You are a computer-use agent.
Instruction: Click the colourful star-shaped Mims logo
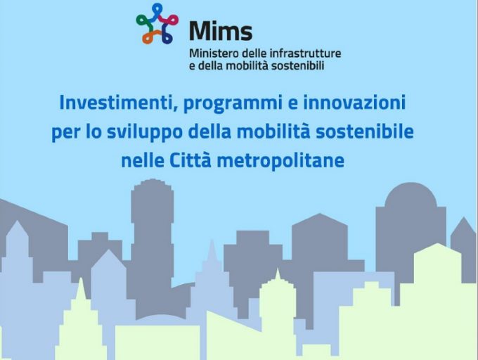tap(157, 23)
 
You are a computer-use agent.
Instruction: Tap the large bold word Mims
tap(221, 31)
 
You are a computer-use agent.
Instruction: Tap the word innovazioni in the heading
tap(354, 103)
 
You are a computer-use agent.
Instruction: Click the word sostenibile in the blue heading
tap(365, 131)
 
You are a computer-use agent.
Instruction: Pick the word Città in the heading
tap(190, 160)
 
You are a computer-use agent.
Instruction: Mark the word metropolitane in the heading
tap(280, 161)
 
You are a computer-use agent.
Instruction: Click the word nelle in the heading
tap(143, 160)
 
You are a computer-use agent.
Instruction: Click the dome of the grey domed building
tap(411, 195)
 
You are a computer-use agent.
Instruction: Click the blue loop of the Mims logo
tap(157, 11)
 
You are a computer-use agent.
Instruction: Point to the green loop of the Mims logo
tap(144, 21)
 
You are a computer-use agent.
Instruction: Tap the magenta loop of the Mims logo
tap(169, 20)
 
